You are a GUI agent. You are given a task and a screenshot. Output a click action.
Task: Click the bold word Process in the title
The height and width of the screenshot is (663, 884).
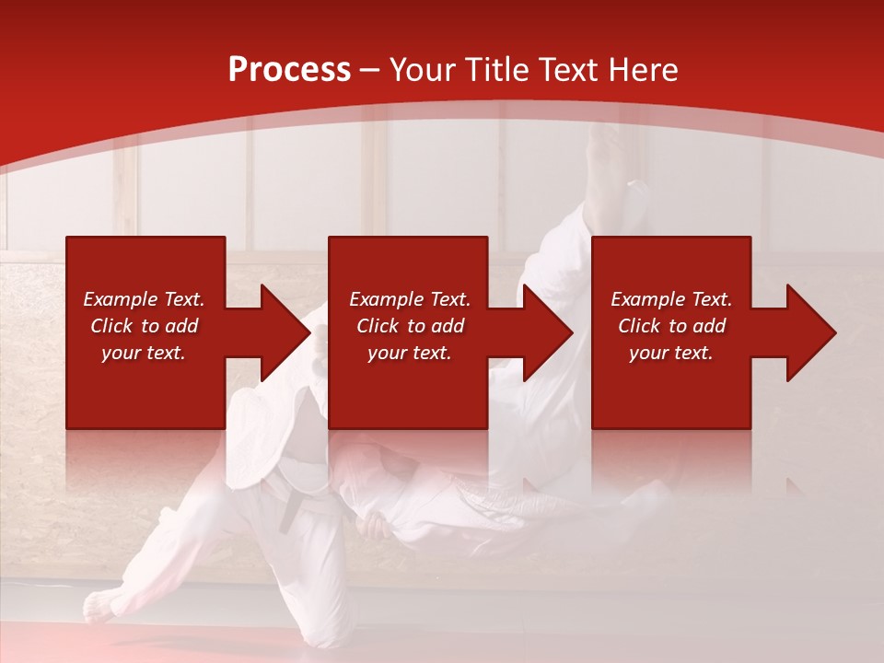(289, 70)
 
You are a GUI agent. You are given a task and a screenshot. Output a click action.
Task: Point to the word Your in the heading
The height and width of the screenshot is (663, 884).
(423, 70)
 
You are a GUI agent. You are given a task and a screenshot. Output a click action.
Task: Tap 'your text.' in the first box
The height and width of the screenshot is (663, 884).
(144, 353)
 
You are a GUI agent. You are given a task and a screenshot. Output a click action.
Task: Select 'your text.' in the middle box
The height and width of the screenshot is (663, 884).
(409, 353)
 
